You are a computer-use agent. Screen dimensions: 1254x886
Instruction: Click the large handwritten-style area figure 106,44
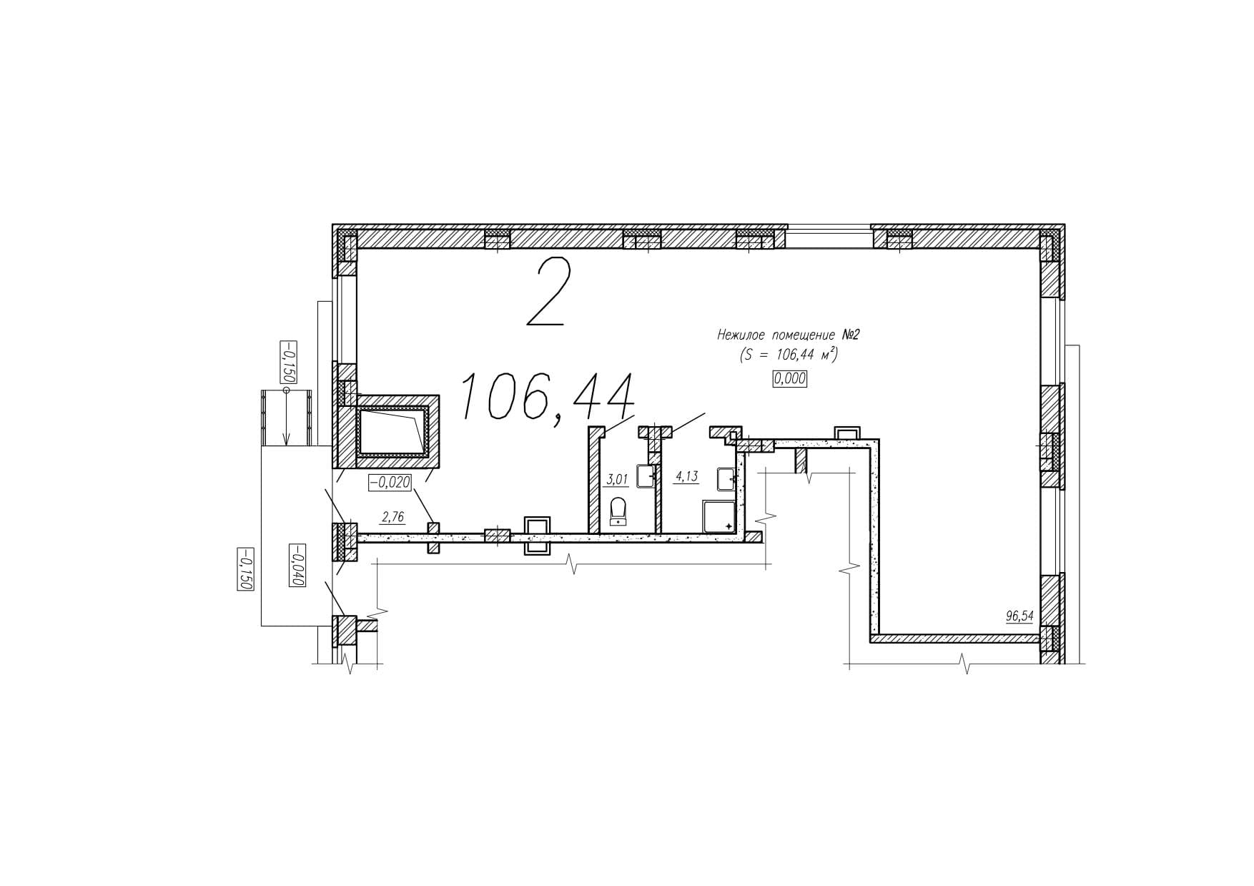pos(548,398)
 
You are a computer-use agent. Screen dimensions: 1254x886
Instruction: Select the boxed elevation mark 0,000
pos(789,379)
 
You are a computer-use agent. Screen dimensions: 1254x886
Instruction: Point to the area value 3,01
pos(616,479)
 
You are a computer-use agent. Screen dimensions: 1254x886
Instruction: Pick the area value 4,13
pos(686,476)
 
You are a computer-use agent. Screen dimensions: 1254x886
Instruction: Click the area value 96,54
pos(1020,616)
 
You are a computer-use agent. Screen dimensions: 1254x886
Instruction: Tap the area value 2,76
pos(394,516)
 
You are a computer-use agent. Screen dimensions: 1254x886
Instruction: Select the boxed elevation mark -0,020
pos(390,483)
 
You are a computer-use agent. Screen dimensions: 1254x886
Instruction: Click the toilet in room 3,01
pos(618,512)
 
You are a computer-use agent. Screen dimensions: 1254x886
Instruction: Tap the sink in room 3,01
pos(646,476)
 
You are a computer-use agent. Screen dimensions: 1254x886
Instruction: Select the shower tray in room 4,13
pos(719,516)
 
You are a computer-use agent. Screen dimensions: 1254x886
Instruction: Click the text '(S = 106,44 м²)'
pos(789,355)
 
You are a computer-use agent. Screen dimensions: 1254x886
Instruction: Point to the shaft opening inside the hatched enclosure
pos(392,431)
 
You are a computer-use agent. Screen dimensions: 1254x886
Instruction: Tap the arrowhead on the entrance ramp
pos(286,440)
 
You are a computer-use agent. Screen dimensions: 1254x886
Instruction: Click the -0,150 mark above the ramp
pos(289,363)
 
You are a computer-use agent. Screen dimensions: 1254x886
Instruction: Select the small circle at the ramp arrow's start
pos(286,390)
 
